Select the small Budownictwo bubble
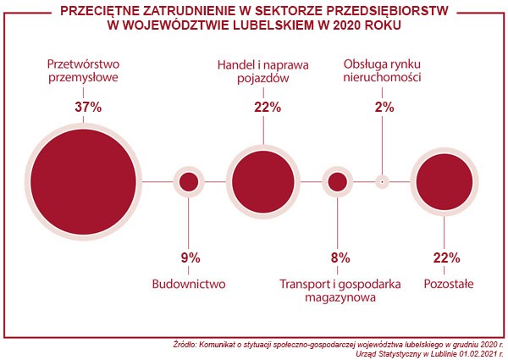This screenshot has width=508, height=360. pyautogui.click(x=189, y=181)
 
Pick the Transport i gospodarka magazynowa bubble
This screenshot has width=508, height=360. pyautogui.click(x=338, y=181)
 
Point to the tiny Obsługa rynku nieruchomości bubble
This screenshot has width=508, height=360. pyautogui.click(x=383, y=181)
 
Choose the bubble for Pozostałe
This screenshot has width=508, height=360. pyautogui.click(x=444, y=181)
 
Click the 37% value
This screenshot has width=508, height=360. pyautogui.click(x=88, y=108)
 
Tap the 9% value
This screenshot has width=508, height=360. pyautogui.click(x=190, y=258)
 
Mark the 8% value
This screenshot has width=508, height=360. pyautogui.click(x=340, y=258)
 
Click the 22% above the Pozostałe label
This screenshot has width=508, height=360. pyautogui.click(x=445, y=258)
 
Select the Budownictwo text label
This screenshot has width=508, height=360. pyautogui.click(x=189, y=285)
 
